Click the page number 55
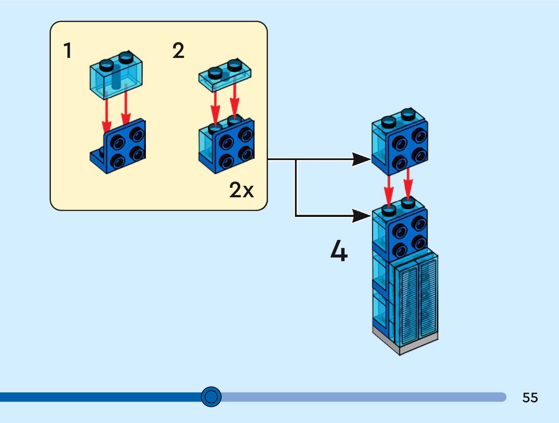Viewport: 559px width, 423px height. point(530,397)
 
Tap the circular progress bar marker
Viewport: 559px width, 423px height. point(211,397)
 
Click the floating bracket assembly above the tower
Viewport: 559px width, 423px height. point(400,142)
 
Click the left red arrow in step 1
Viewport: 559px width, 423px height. point(106,116)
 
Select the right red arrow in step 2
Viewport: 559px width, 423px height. point(235,100)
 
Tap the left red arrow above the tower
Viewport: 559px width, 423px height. point(389,190)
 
